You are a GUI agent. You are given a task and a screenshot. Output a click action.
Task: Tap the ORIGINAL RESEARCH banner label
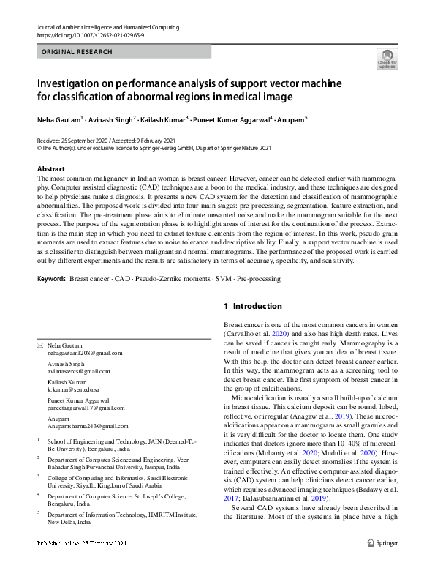77,52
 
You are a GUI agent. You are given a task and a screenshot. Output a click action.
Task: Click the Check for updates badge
387,58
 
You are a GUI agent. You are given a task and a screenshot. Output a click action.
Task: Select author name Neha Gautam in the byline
58,117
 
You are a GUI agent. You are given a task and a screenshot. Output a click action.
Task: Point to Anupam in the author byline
291,117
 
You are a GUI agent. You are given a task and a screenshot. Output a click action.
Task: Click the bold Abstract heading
50,169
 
